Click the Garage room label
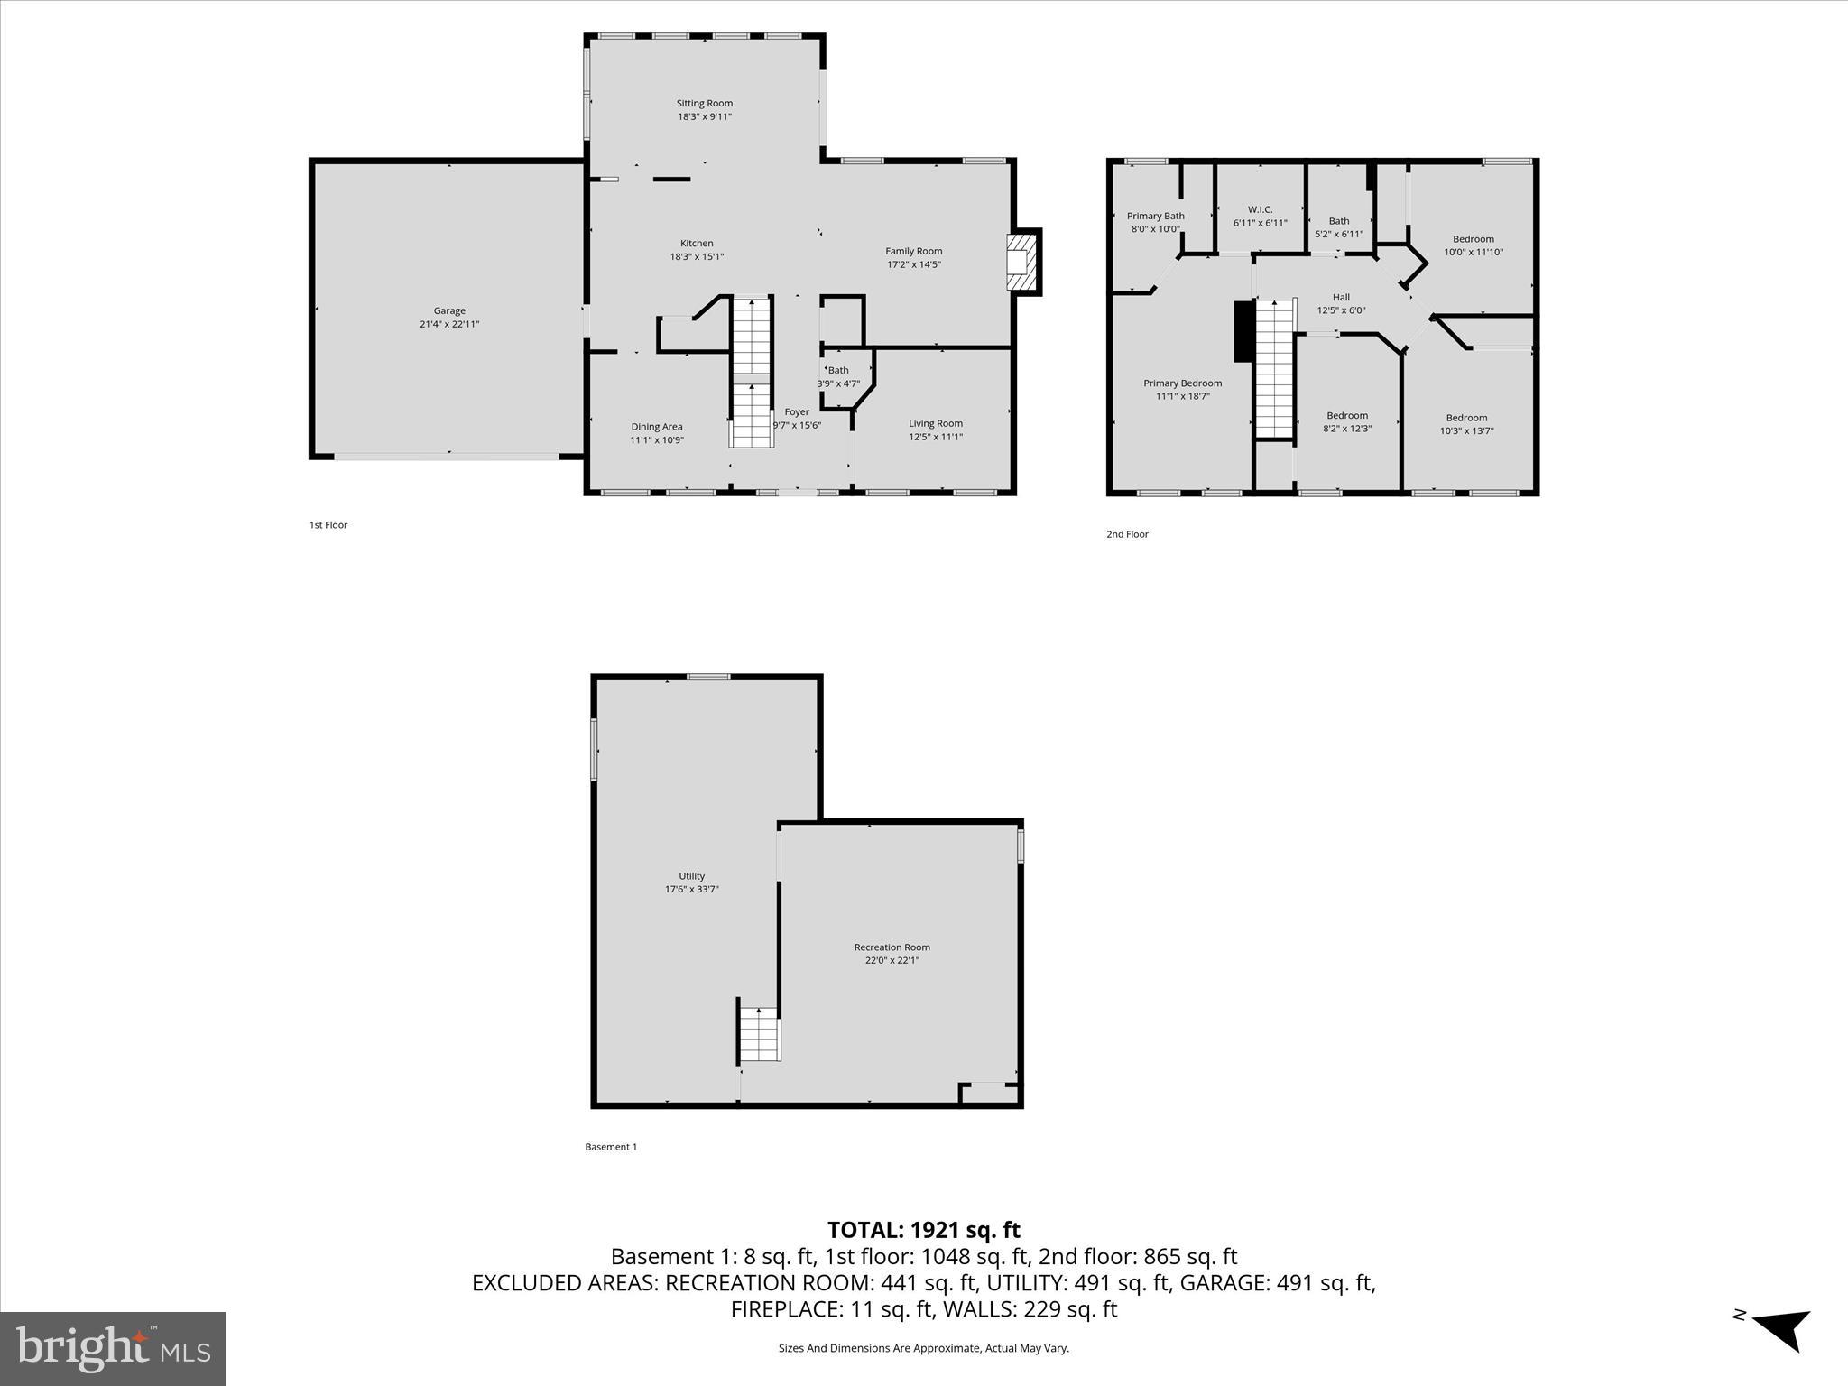[449, 311]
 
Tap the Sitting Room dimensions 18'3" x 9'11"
[705, 116]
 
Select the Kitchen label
[697, 244]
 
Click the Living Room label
[936, 423]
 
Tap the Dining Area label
[657, 427]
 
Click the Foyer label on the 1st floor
[797, 412]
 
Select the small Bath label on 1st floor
[839, 370]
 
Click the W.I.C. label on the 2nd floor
[1261, 209]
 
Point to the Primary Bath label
[1156, 216]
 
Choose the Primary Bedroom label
[1183, 383]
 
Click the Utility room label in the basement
[692, 876]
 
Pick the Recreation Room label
[892, 947]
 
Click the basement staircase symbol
[760, 1034]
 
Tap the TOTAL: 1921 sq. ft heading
[924, 1230]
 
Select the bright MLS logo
[113, 1348]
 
